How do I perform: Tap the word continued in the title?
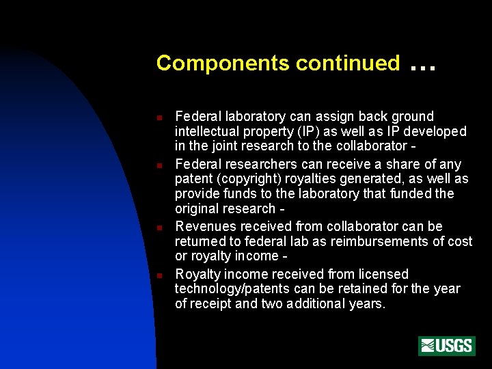[348, 64]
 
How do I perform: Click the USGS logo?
[447, 346]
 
